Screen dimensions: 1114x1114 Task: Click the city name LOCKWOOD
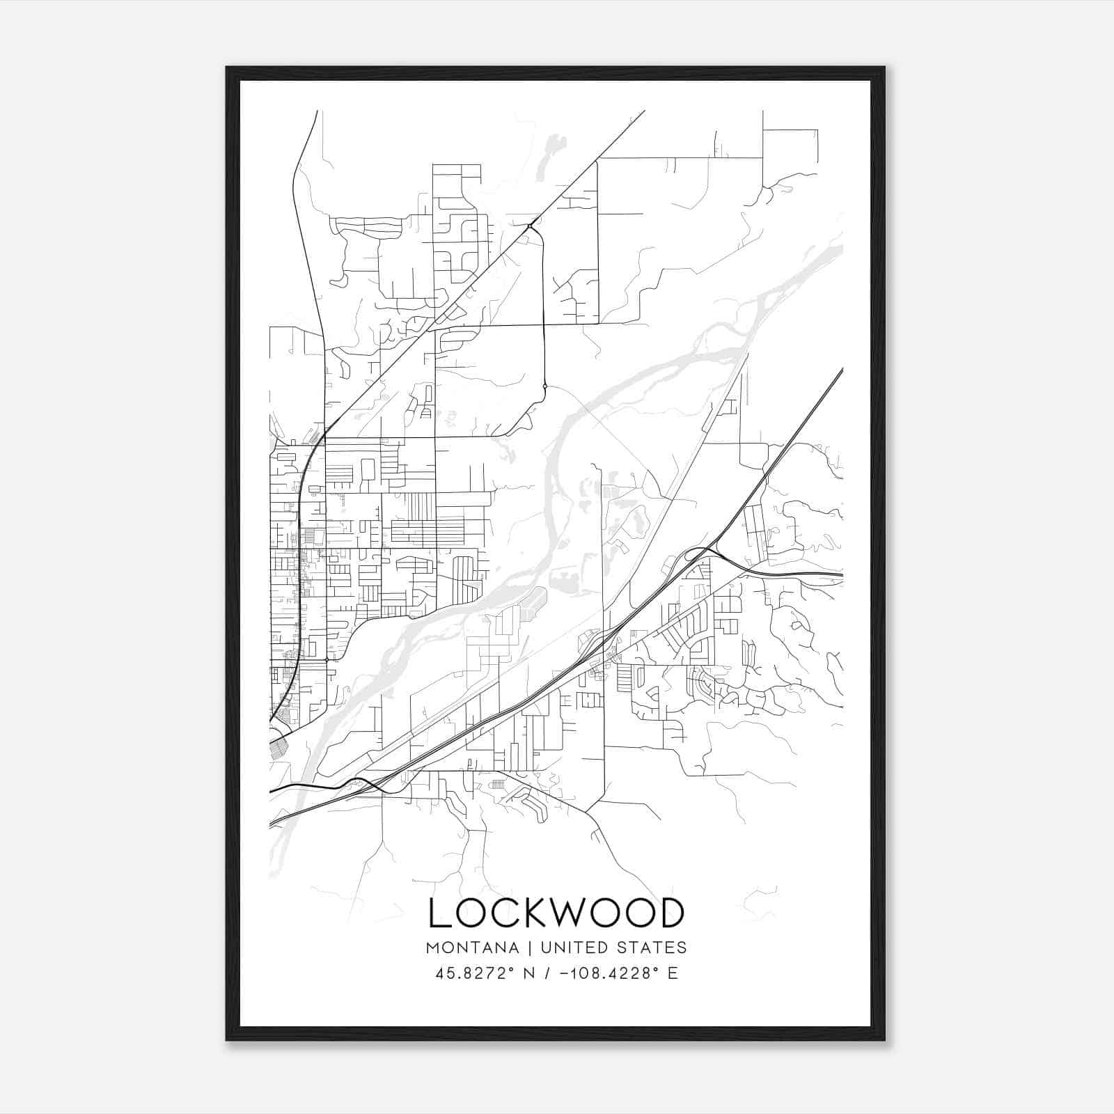point(556,913)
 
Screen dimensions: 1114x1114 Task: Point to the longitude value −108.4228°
point(609,973)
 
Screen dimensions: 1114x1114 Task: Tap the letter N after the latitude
point(529,973)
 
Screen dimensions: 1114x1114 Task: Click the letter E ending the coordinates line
point(673,973)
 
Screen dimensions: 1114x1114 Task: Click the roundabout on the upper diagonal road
point(531,226)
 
